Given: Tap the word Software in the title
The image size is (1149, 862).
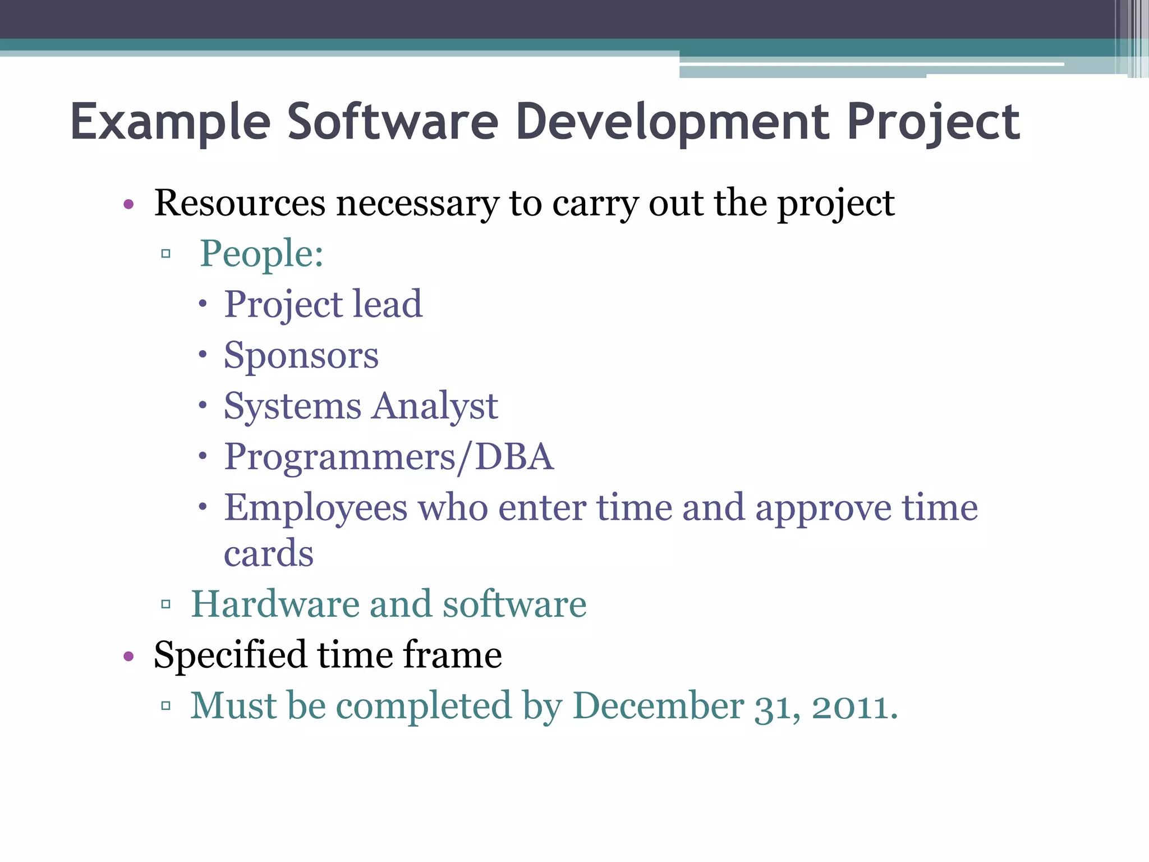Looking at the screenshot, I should tap(393, 122).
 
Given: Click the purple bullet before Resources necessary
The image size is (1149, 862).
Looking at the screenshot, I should tap(128, 204).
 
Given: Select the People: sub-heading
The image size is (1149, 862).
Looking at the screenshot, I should tap(261, 254).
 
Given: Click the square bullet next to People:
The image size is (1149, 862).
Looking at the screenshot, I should tap(166, 254).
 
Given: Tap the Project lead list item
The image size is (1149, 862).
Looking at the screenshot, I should tap(323, 305).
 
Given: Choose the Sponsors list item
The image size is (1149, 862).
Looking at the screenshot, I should tap(301, 356).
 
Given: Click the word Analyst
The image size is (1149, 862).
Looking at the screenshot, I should tap(434, 406).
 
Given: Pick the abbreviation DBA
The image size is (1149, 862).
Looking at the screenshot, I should tap(514, 457).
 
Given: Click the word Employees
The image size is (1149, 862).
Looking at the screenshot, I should tap(315, 508).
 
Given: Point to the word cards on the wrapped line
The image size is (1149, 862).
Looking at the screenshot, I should tap(268, 553).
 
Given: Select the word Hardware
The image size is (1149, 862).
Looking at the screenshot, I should tap(275, 604).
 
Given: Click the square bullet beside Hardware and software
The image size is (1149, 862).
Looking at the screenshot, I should tap(166, 604).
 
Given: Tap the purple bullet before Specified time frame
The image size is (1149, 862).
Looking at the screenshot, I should tap(128, 656).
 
